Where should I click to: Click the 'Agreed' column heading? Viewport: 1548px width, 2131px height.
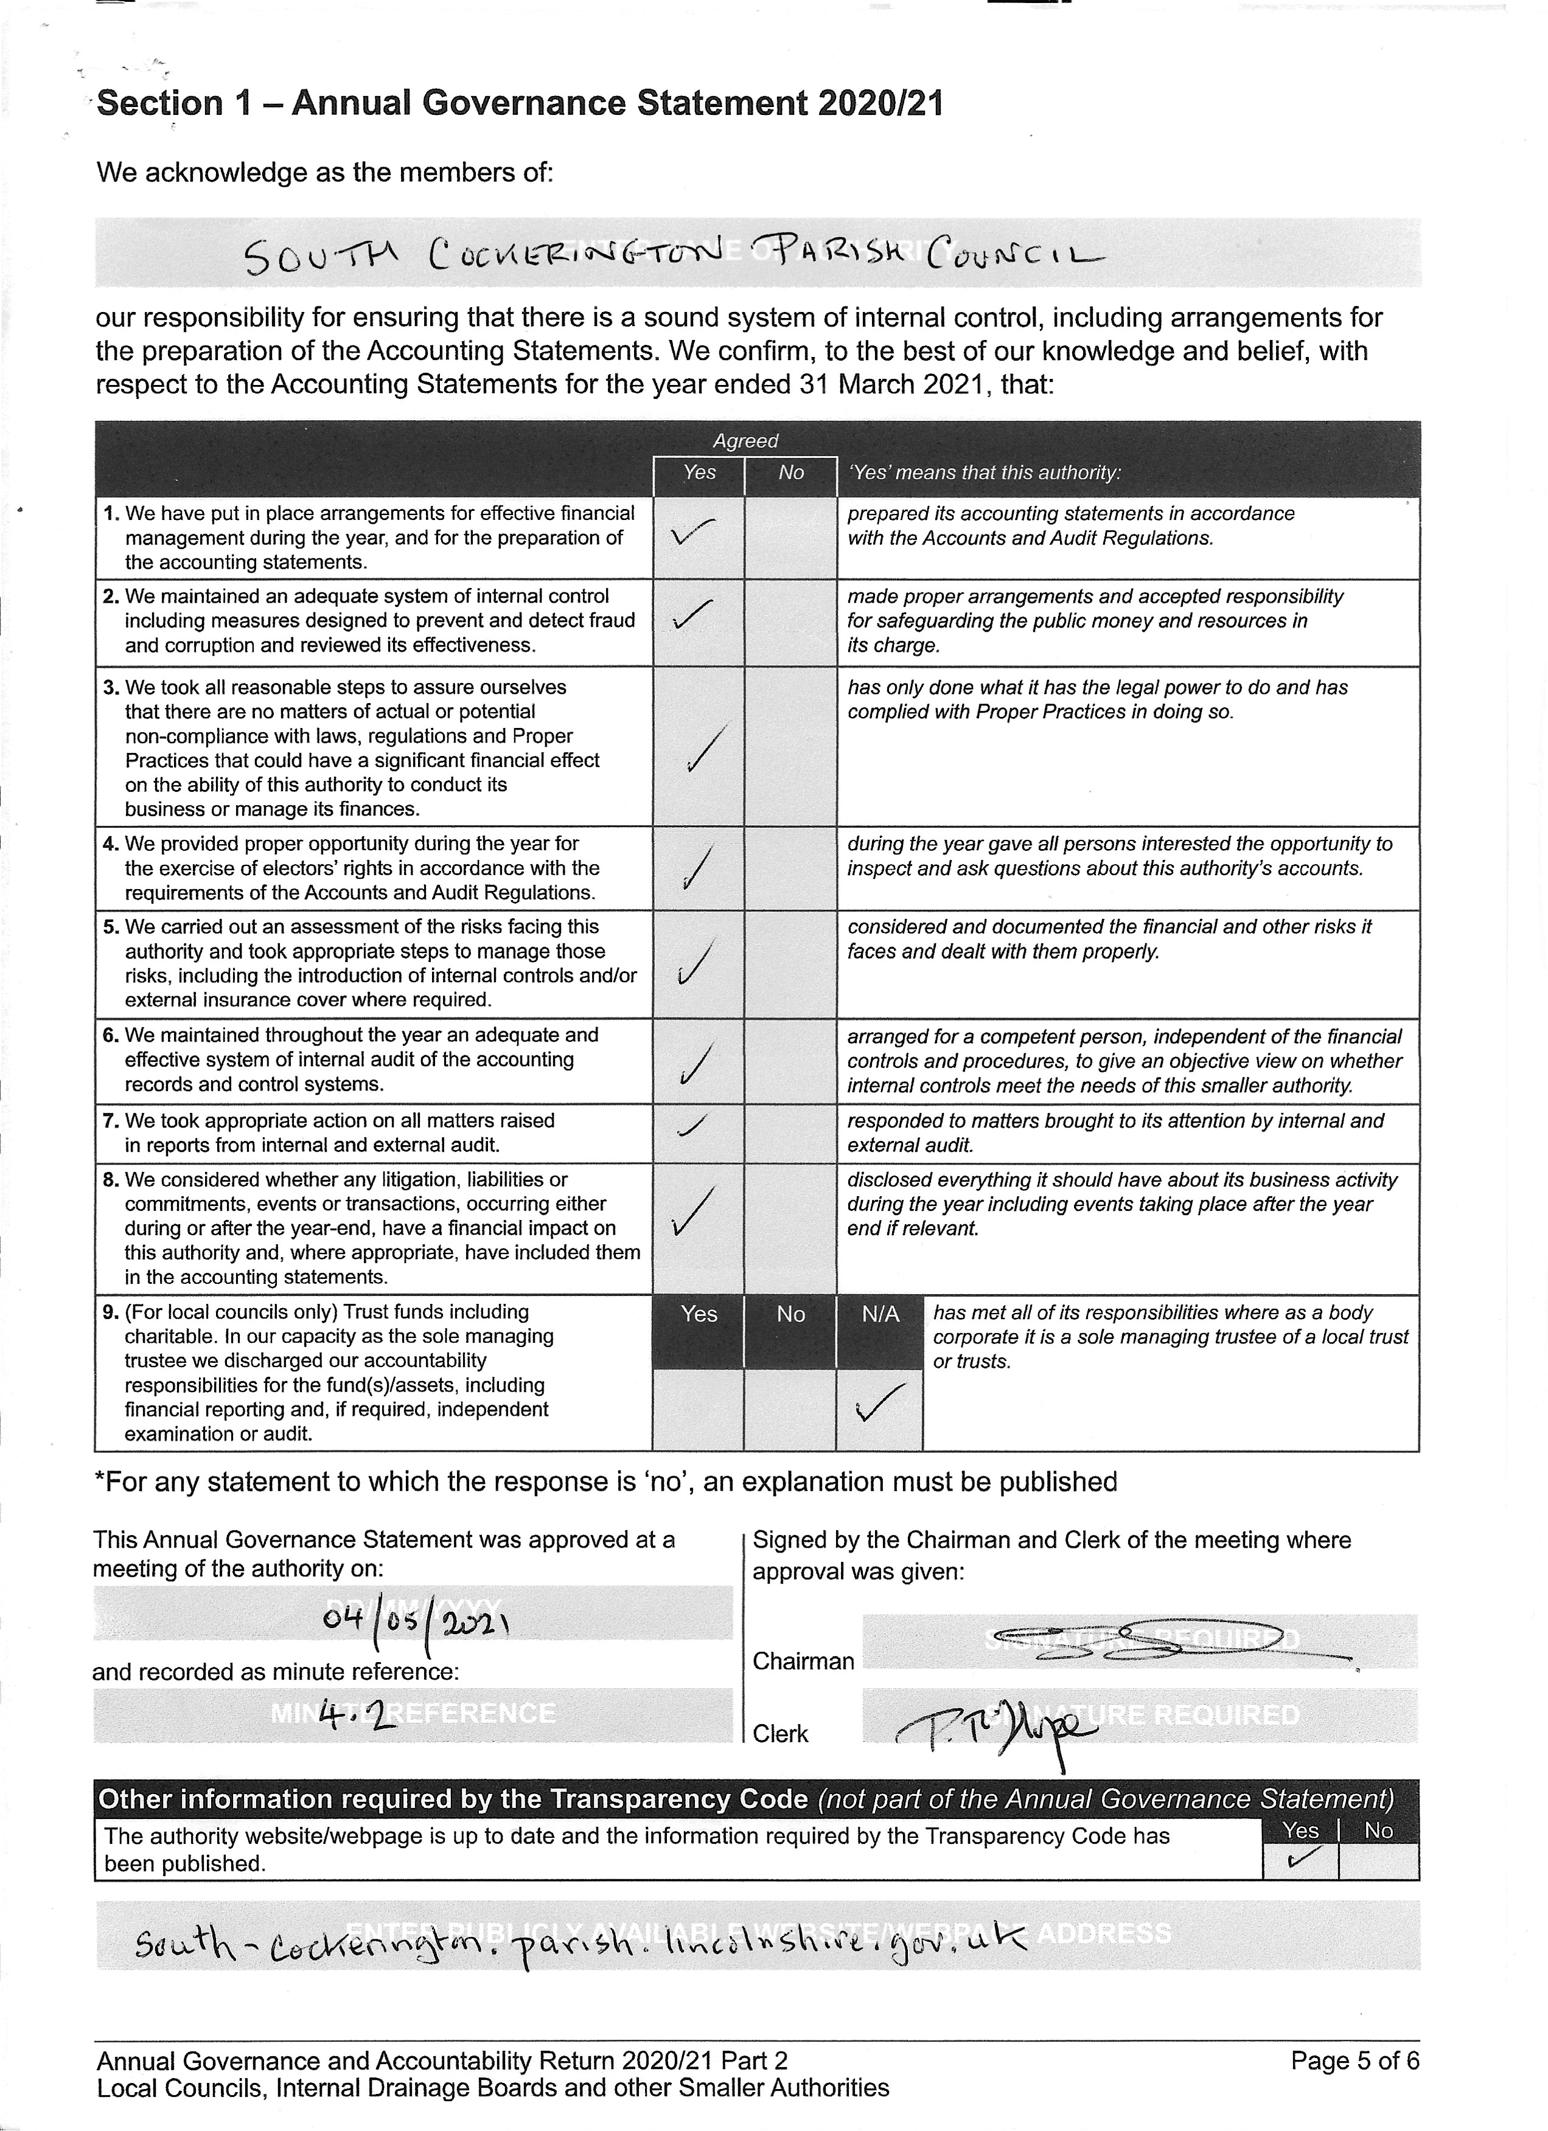pyautogui.click(x=745, y=441)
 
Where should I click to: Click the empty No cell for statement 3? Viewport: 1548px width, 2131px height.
pyautogui.click(x=790, y=746)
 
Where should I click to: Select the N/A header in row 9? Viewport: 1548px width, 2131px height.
pyautogui.click(x=880, y=1314)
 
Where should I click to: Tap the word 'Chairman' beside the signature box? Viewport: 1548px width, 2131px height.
pyautogui.click(x=803, y=1661)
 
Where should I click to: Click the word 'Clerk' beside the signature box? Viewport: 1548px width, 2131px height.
pyautogui.click(x=780, y=1733)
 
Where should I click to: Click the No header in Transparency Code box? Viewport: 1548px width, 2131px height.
pyautogui.click(x=1378, y=1831)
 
